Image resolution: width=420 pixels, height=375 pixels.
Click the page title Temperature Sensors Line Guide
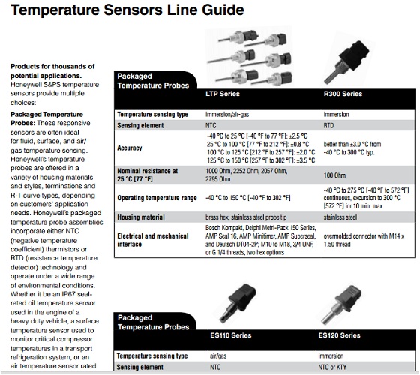coord(127,10)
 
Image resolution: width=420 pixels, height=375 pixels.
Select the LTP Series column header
coord(223,94)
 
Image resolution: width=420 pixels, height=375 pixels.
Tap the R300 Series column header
coord(343,94)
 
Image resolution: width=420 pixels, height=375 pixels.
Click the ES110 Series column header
coord(231,335)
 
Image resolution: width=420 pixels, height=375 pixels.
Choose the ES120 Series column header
coord(339,335)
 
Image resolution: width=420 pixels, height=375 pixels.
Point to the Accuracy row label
coord(129,148)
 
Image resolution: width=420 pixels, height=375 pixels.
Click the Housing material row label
coord(141,217)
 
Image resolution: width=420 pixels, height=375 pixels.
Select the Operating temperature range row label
coord(157,198)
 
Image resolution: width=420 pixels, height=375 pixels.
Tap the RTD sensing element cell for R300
coord(328,126)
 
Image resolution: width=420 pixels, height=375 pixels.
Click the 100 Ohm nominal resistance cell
coord(334,175)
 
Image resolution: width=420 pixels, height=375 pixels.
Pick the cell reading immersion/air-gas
coord(227,114)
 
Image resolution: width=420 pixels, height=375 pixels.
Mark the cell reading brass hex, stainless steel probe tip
coord(246,217)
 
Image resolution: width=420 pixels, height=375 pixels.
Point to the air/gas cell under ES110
coord(218,356)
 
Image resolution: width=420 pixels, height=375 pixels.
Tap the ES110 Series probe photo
coord(238,303)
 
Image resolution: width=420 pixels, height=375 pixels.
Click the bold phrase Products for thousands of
coord(52,67)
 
